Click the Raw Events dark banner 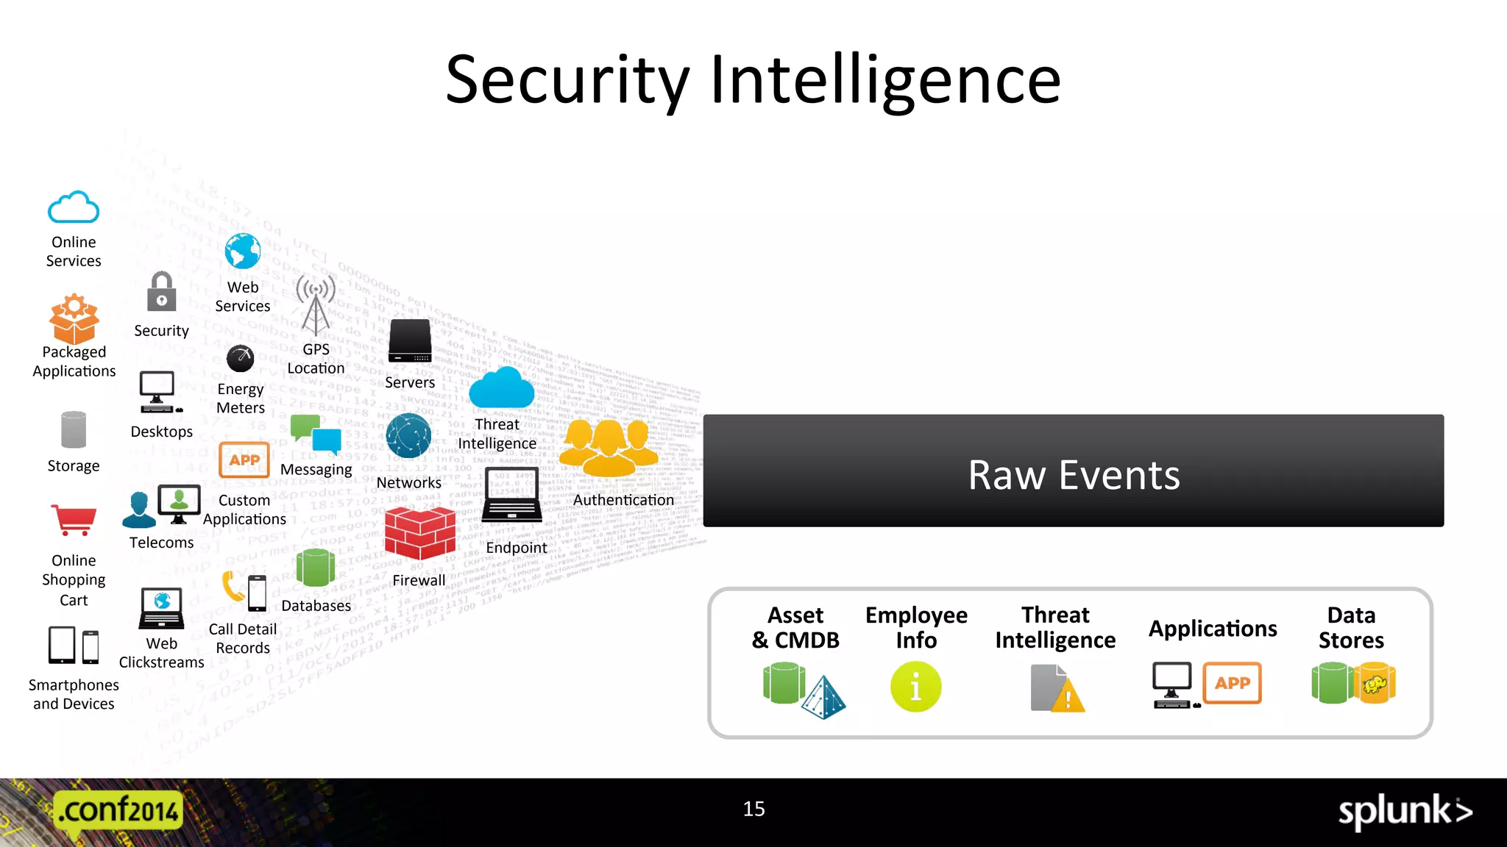(1073, 471)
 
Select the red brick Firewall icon (419, 534)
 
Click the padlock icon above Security (161, 292)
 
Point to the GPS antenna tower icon (316, 305)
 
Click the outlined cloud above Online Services (74, 207)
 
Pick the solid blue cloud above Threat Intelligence (501, 387)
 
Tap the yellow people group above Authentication (609, 447)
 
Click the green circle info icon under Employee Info (915, 687)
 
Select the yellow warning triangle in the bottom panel (1068, 696)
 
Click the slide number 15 (753, 809)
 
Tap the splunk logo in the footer (1404, 812)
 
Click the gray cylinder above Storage (74, 429)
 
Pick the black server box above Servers (410, 340)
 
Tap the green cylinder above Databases (316, 568)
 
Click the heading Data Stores (1351, 627)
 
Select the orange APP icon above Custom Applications (244, 460)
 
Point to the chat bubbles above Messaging (316, 435)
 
